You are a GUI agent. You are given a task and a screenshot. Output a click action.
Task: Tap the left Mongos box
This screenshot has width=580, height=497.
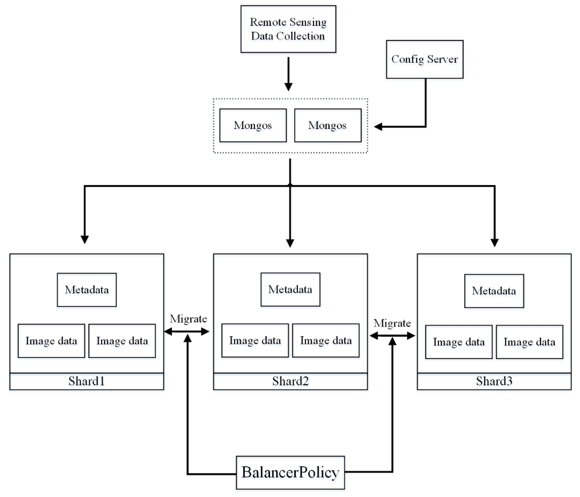click(253, 125)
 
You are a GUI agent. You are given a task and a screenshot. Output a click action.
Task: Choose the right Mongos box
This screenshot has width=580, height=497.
click(327, 125)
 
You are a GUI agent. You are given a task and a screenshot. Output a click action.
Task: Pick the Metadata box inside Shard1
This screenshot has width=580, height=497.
click(87, 290)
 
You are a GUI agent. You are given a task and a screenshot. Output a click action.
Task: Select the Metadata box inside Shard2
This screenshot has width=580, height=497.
click(290, 290)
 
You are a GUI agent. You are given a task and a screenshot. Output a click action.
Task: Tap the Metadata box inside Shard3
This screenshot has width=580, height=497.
click(494, 291)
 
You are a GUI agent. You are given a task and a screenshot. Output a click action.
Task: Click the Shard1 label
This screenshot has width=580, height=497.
click(87, 381)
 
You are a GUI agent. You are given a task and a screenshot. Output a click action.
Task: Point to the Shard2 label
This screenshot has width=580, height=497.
click(290, 381)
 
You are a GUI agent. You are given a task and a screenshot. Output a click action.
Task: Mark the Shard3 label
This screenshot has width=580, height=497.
click(494, 381)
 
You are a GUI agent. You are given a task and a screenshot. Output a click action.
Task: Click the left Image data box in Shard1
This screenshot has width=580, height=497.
click(51, 341)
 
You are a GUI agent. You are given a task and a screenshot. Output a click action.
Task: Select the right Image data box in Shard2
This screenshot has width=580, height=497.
click(326, 341)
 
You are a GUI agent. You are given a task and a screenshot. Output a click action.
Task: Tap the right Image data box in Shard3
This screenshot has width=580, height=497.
click(529, 342)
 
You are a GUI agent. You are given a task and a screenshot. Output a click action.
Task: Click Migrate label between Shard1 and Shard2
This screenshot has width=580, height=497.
click(188, 319)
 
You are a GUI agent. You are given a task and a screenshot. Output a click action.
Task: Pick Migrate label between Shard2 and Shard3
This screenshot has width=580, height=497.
click(392, 323)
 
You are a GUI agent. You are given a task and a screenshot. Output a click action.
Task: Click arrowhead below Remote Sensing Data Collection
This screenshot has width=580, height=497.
click(288, 87)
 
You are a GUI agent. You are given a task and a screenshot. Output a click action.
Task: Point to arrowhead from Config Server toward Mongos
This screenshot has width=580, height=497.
click(378, 127)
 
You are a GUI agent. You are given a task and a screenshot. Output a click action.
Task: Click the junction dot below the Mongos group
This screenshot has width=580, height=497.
click(290, 185)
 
